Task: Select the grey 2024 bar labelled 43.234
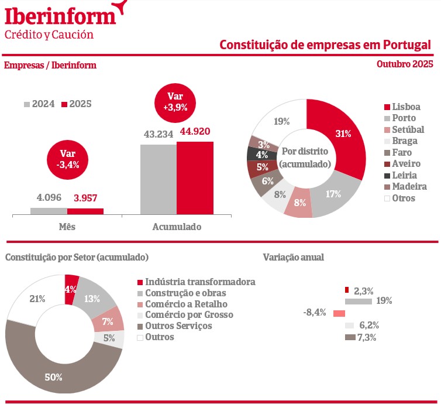click(158, 179)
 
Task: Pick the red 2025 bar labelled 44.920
click(195, 179)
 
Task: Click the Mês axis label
click(67, 227)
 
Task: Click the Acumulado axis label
click(177, 227)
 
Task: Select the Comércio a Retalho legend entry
click(181, 304)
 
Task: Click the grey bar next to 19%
click(359, 302)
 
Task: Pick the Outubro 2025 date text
click(404, 64)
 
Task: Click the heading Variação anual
click(293, 257)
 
